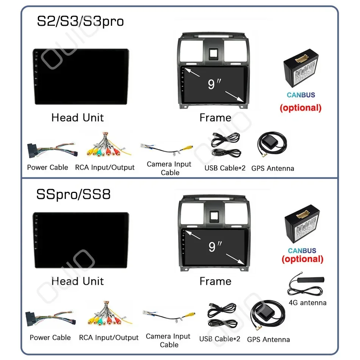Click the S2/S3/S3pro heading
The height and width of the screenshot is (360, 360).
(x=80, y=21)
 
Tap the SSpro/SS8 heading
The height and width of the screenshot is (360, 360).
(x=74, y=194)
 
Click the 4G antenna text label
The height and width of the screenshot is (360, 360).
(x=307, y=302)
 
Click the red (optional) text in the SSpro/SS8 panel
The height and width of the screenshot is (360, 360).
(x=302, y=259)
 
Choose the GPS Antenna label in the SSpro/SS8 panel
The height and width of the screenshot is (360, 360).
(x=268, y=340)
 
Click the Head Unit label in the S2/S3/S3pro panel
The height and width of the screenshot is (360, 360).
(x=77, y=117)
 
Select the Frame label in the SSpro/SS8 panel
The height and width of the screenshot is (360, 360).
(x=215, y=281)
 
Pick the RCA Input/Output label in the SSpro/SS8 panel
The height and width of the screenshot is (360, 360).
(x=109, y=338)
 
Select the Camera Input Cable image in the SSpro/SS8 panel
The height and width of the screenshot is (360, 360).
(x=169, y=317)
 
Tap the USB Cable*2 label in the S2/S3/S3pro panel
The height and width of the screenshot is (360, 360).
(x=225, y=168)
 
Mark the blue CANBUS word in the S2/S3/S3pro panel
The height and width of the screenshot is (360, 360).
(x=301, y=95)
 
